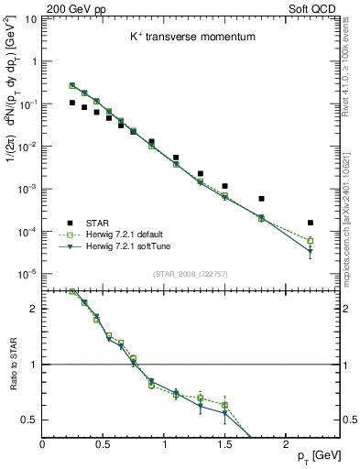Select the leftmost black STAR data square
72,103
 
